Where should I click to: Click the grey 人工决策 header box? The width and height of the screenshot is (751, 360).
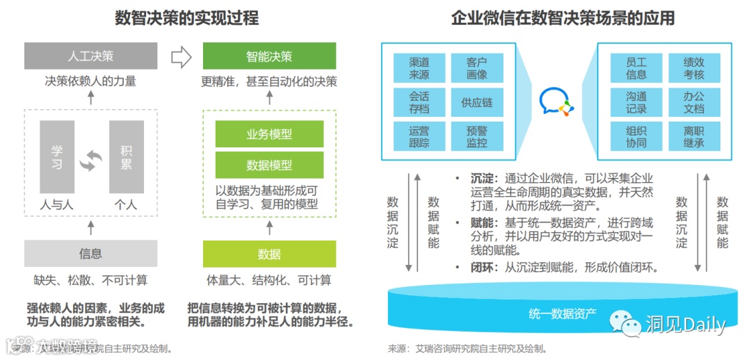(x=90, y=56)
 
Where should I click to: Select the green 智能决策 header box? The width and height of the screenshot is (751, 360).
(x=269, y=56)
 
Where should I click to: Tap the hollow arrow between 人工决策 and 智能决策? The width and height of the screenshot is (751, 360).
(x=181, y=58)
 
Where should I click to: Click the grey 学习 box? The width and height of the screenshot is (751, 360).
(x=57, y=157)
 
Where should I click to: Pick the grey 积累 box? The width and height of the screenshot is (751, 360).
(x=127, y=157)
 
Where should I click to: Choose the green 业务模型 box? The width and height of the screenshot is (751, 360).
(x=269, y=134)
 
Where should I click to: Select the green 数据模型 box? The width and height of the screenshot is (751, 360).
(x=269, y=165)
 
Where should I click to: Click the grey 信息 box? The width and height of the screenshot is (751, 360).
(x=90, y=254)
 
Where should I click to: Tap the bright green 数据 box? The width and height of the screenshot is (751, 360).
(x=269, y=254)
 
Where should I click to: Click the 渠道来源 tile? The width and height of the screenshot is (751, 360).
(x=419, y=68)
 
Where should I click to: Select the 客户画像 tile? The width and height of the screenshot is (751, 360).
(x=476, y=68)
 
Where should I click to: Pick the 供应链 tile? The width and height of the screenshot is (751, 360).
(x=476, y=102)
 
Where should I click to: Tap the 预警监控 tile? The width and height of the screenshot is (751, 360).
(x=476, y=136)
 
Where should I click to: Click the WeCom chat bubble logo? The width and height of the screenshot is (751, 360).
(x=556, y=103)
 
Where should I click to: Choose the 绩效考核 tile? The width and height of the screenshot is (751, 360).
(x=693, y=68)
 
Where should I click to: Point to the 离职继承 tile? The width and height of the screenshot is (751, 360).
(x=693, y=136)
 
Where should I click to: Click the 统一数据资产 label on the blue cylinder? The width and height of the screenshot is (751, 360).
(x=562, y=313)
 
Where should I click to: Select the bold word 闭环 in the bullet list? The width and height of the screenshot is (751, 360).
(x=481, y=267)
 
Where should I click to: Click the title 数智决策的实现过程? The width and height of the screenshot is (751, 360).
(x=186, y=18)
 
